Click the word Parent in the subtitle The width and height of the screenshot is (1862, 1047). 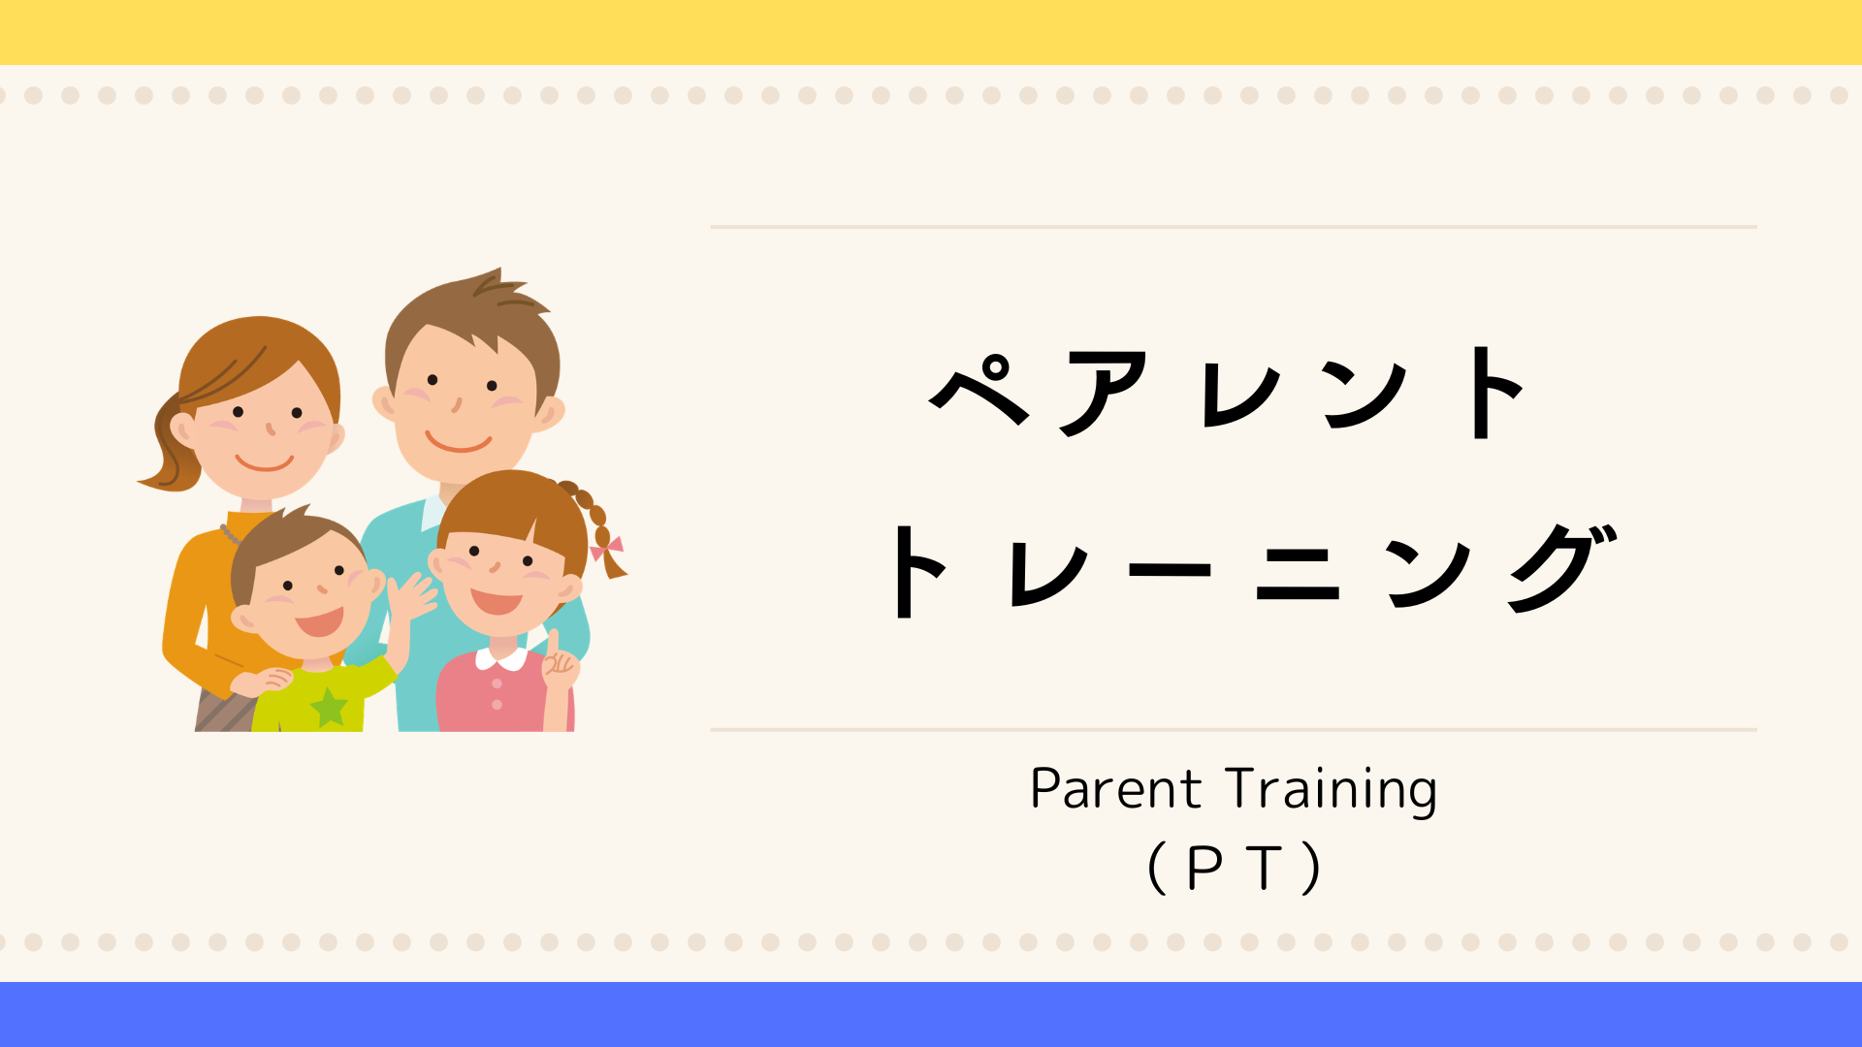tap(1115, 789)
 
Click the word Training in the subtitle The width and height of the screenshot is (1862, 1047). tap(1332, 791)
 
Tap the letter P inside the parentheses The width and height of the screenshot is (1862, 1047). tap(1204, 868)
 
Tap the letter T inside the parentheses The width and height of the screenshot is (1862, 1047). tap(1266, 868)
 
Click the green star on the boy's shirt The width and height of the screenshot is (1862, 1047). tap(329, 707)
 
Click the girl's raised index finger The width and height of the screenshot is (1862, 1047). tap(553, 644)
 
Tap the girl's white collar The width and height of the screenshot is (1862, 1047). tap(500, 659)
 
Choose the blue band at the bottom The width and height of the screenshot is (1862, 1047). tap(931, 1014)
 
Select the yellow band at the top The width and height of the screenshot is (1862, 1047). tap(931, 32)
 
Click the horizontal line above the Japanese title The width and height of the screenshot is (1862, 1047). tap(1234, 227)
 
